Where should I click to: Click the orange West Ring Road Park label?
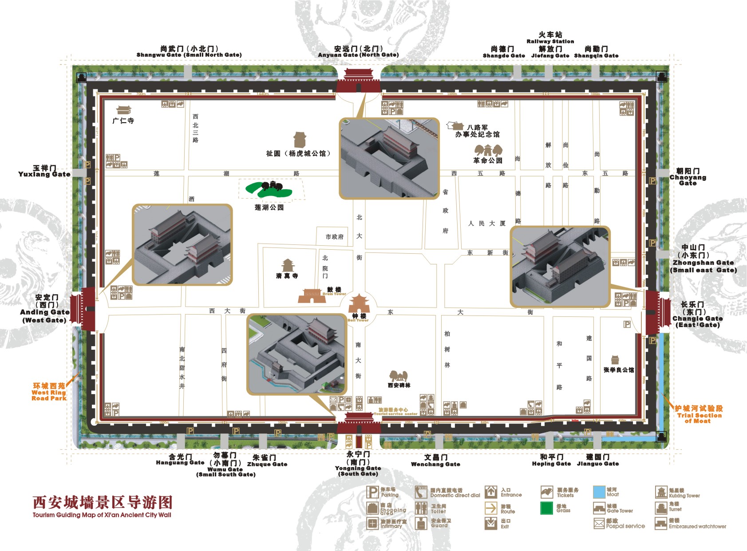(x=49, y=392)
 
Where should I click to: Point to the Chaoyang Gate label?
(x=688, y=177)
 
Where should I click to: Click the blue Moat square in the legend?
(x=599, y=492)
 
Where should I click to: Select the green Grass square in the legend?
(x=547, y=508)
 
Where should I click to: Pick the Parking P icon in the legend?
(x=372, y=492)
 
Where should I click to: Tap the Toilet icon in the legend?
(x=421, y=508)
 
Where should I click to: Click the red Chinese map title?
(x=103, y=503)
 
